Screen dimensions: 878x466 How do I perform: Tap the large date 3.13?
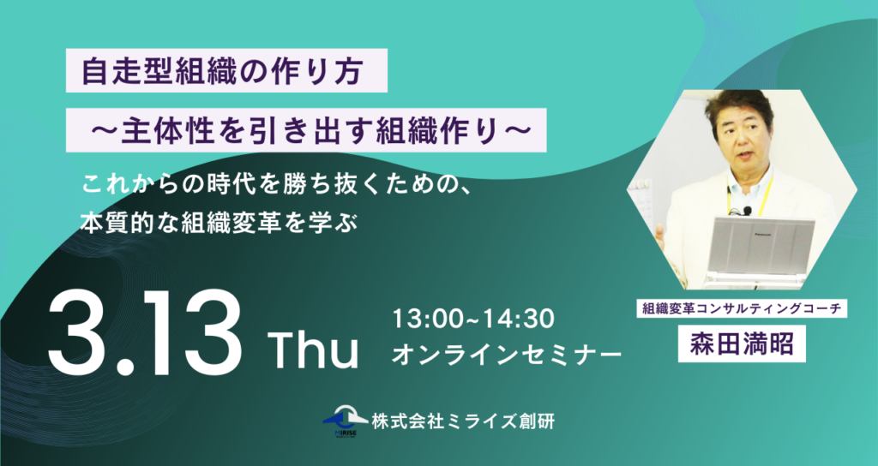pyautogui.click(x=145, y=335)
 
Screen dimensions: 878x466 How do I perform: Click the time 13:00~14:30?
pyautogui.click(x=473, y=320)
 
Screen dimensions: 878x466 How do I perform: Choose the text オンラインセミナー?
pyautogui.click(x=506, y=355)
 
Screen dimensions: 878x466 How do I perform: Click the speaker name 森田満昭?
pyautogui.click(x=742, y=344)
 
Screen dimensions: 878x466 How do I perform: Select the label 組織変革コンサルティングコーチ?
pyautogui.click(x=742, y=308)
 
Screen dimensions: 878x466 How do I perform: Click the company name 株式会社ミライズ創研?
pyautogui.click(x=463, y=421)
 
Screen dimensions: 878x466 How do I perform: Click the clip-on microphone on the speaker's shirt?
pyautogui.click(x=747, y=211)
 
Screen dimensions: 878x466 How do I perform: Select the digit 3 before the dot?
pyautogui.click(x=81, y=335)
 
